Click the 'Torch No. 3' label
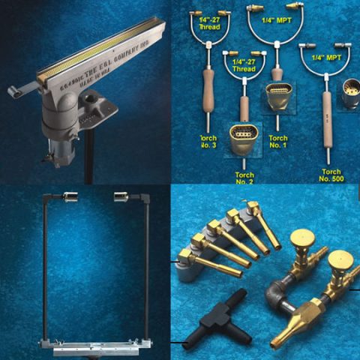coord(207,143)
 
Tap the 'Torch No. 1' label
coord(277,143)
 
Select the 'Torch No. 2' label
coord(244,175)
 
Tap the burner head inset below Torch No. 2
coord(244,138)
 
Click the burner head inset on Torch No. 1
coord(279,97)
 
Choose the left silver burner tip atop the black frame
coord(72,196)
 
